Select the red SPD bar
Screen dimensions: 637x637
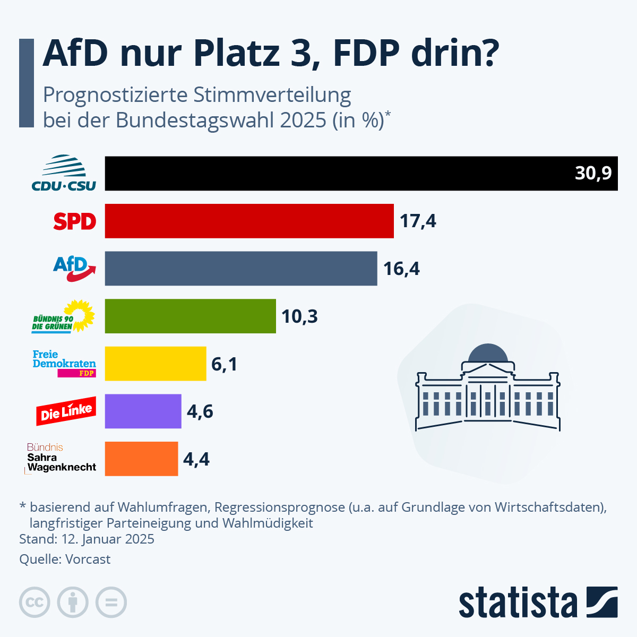[249, 221]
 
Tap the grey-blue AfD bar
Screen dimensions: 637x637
[241, 269]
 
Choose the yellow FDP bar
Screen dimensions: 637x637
[156, 364]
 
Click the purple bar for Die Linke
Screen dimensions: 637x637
[143, 411]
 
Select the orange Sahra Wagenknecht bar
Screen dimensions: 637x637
[141, 459]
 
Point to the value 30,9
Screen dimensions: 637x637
[593, 173]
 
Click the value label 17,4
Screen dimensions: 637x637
[418, 221]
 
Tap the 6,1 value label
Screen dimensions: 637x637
[224, 364]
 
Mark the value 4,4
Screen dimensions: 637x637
[196, 459]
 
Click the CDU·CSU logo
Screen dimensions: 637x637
[64, 173]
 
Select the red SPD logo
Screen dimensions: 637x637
[74, 221]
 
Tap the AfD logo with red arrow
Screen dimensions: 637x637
[74, 269]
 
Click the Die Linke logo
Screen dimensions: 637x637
[66, 411]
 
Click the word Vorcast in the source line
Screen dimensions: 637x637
[88, 559]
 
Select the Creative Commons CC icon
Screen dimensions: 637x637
[35, 602]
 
